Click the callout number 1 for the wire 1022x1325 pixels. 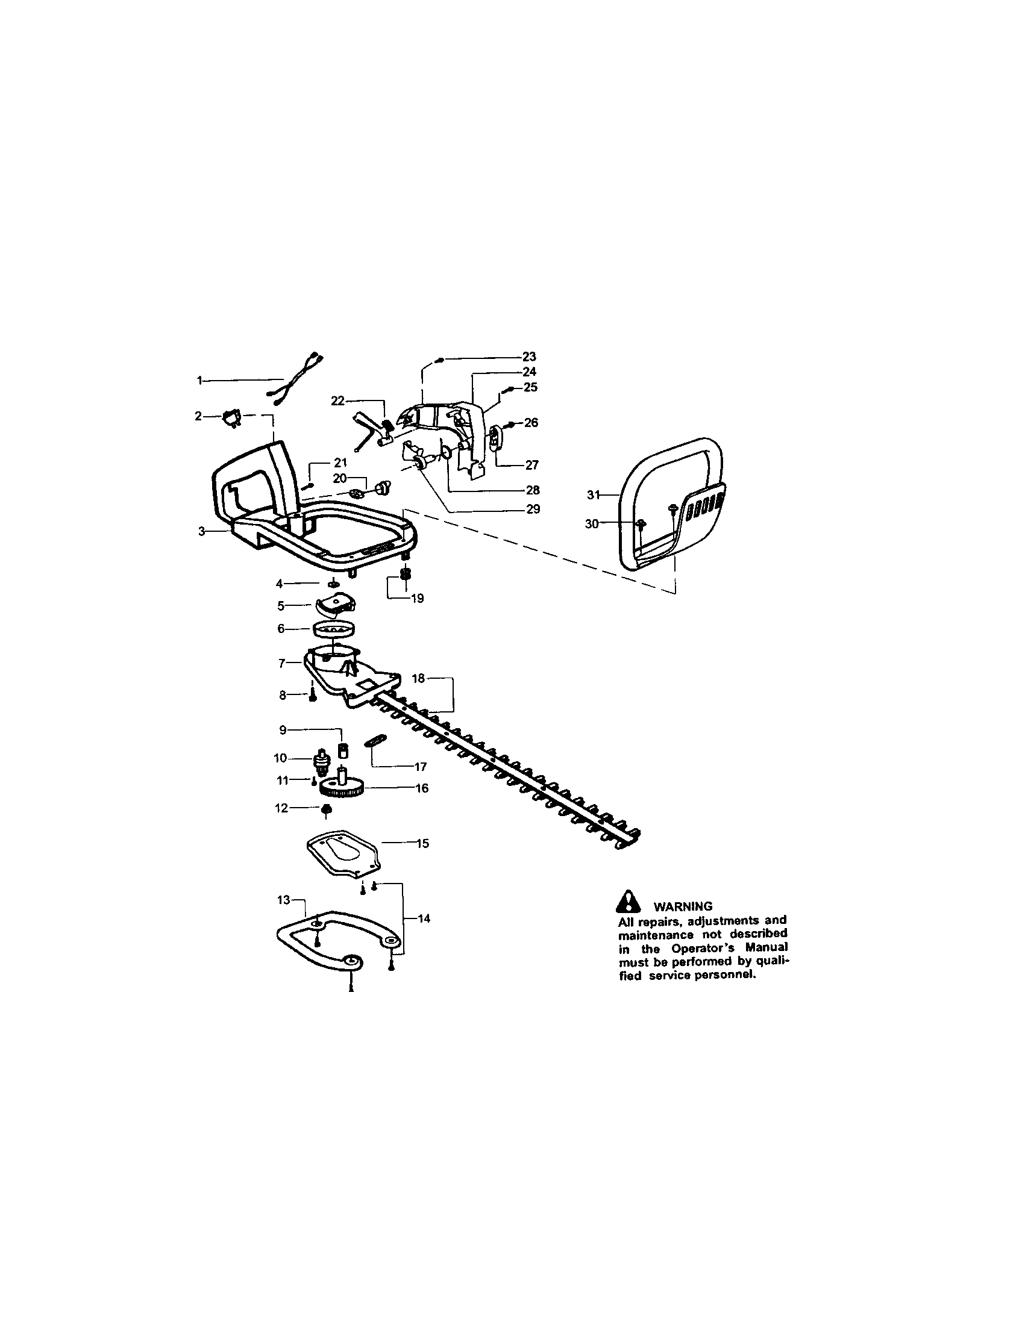pyautogui.click(x=199, y=381)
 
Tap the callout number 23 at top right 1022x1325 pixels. pyautogui.click(x=530, y=357)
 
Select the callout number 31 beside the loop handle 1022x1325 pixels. pyautogui.click(x=593, y=495)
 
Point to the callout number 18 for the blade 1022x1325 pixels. pyautogui.click(x=418, y=678)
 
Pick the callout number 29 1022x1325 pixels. pyautogui.click(x=533, y=509)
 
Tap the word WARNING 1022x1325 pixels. pyautogui.click(x=683, y=907)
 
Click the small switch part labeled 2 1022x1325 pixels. pyautogui.click(x=231, y=418)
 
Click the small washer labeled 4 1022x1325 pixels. pyautogui.click(x=333, y=584)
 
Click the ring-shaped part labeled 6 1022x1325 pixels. pyautogui.click(x=334, y=629)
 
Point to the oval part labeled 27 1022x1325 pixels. pyautogui.click(x=495, y=437)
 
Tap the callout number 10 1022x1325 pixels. pyautogui.click(x=280, y=758)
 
